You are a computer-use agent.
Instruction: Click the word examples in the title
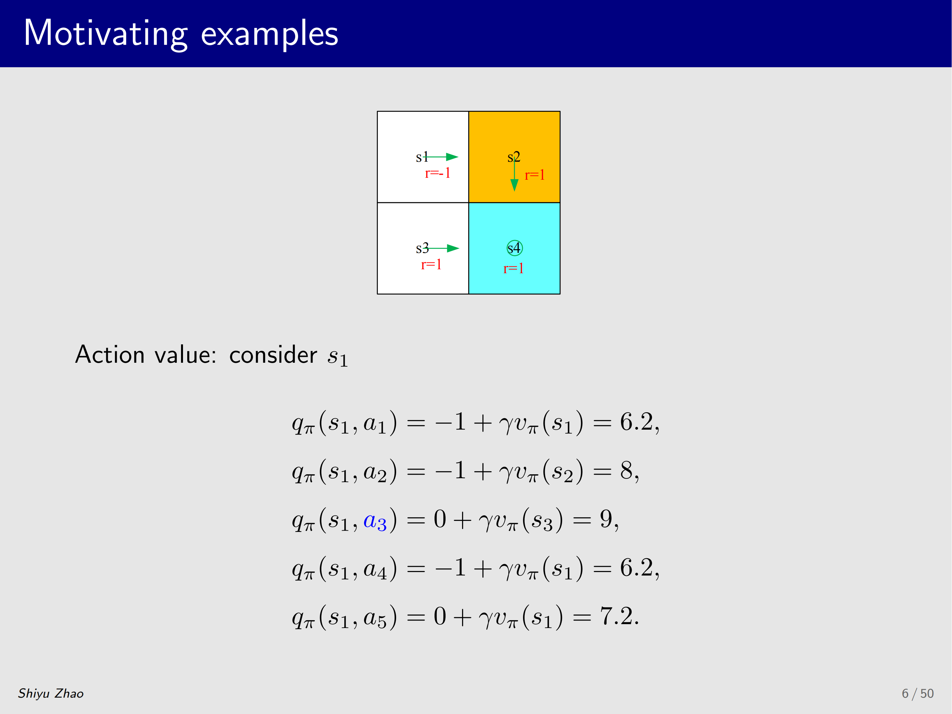(x=270, y=34)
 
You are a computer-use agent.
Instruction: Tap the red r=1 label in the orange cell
(x=535, y=175)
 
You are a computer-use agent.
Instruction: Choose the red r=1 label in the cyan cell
(x=514, y=269)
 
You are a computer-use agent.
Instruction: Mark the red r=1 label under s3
(x=431, y=264)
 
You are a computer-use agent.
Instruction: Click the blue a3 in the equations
(x=375, y=521)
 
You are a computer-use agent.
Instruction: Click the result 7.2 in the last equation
(x=616, y=616)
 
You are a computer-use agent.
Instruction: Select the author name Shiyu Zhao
(x=51, y=693)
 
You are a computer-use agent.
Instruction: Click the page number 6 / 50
(x=918, y=693)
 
